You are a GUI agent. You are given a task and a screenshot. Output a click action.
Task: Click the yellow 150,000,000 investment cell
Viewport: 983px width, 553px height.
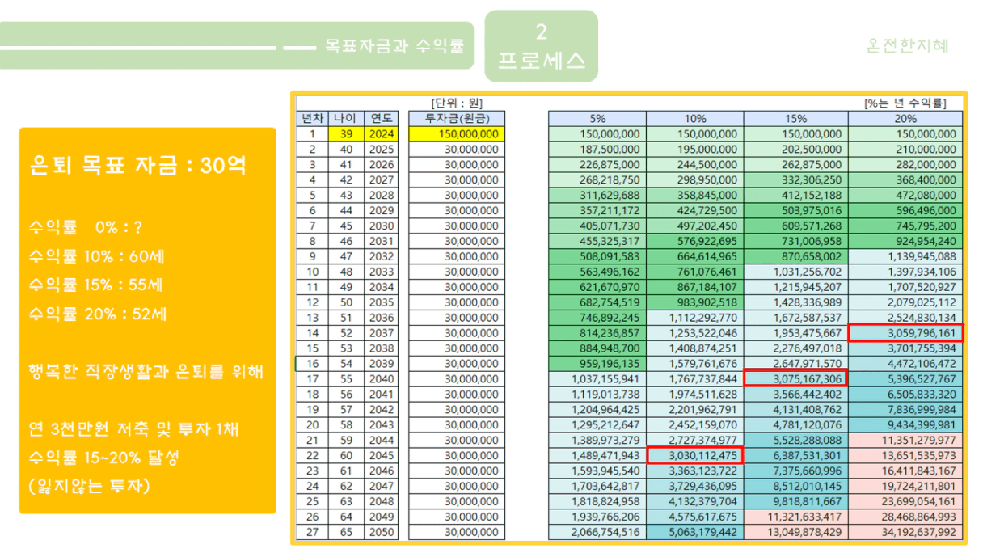click(457, 134)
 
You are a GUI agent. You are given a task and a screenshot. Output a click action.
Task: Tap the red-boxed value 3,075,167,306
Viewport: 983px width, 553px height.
click(796, 378)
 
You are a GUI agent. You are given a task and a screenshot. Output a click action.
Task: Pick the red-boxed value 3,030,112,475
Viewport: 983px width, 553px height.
click(694, 456)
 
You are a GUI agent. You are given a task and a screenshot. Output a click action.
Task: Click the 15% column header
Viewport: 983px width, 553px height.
click(795, 119)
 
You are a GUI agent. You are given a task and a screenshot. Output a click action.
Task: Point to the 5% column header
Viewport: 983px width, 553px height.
click(597, 119)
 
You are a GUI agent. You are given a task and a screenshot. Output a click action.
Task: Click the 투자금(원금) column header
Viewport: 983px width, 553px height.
click(457, 119)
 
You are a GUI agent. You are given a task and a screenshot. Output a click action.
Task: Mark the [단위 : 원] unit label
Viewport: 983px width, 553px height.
click(457, 103)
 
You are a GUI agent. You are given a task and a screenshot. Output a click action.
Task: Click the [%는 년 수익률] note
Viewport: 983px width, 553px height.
click(905, 103)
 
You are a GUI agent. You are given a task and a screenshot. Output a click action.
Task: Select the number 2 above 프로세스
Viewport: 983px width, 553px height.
click(541, 32)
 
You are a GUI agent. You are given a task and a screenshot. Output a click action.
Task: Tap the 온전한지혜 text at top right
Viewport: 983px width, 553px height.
click(907, 45)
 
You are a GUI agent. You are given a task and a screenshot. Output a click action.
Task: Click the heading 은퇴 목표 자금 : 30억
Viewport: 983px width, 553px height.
click(138, 166)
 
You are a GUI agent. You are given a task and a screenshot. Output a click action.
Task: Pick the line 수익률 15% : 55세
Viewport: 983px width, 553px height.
click(96, 285)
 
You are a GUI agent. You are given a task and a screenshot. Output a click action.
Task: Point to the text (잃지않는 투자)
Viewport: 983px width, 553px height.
click(89, 486)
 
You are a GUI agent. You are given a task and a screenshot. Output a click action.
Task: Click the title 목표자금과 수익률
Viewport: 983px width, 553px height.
click(394, 46)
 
